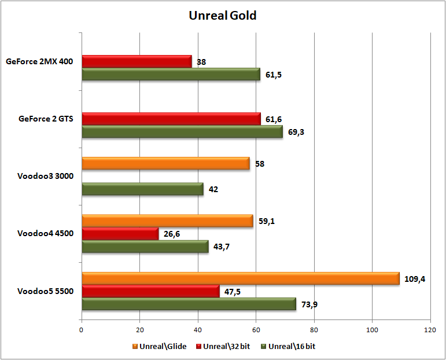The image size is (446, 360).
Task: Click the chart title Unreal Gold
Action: pos(223,16)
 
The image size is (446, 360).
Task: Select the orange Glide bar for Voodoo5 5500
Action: pos(240,278)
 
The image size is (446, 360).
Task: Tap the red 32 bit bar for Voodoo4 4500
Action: pos(120,234)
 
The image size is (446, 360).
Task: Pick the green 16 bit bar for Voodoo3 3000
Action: pos(142,189)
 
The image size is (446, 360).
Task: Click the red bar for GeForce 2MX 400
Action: pos(137,61)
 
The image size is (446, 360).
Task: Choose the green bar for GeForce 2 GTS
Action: pos(182,132)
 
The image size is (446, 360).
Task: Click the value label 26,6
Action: pos(172,234)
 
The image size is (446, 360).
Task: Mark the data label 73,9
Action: pos(309,305)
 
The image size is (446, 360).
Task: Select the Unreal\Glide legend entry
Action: pos(159,346)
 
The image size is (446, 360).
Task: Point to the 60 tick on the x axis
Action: pos(256,330)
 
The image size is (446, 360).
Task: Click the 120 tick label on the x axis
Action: pos(430,330)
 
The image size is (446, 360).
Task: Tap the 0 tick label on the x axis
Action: pos(82,330)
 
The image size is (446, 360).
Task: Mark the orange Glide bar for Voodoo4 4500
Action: pos(167,221)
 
